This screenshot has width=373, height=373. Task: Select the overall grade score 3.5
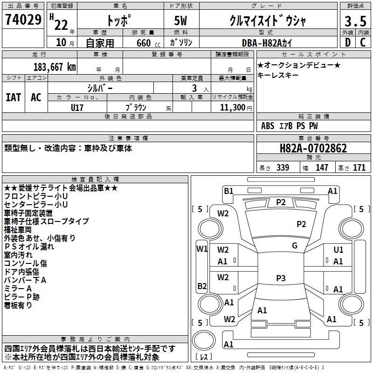pos(354,21)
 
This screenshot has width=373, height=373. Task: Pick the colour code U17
pos(77,107)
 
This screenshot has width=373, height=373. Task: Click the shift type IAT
pos(13,97)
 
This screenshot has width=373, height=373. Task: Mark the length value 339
pos(282,167)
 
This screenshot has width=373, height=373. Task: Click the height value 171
pos(359,167)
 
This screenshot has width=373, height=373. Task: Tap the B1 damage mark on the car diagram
pos(228,191)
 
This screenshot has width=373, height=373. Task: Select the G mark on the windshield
pos(295,246)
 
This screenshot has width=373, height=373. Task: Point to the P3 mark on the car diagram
pos(280,278)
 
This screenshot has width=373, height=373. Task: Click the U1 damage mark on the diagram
pos(338,250)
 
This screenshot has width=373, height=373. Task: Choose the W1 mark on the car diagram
pos(201,249)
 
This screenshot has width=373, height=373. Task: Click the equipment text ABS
pos(268,125)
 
